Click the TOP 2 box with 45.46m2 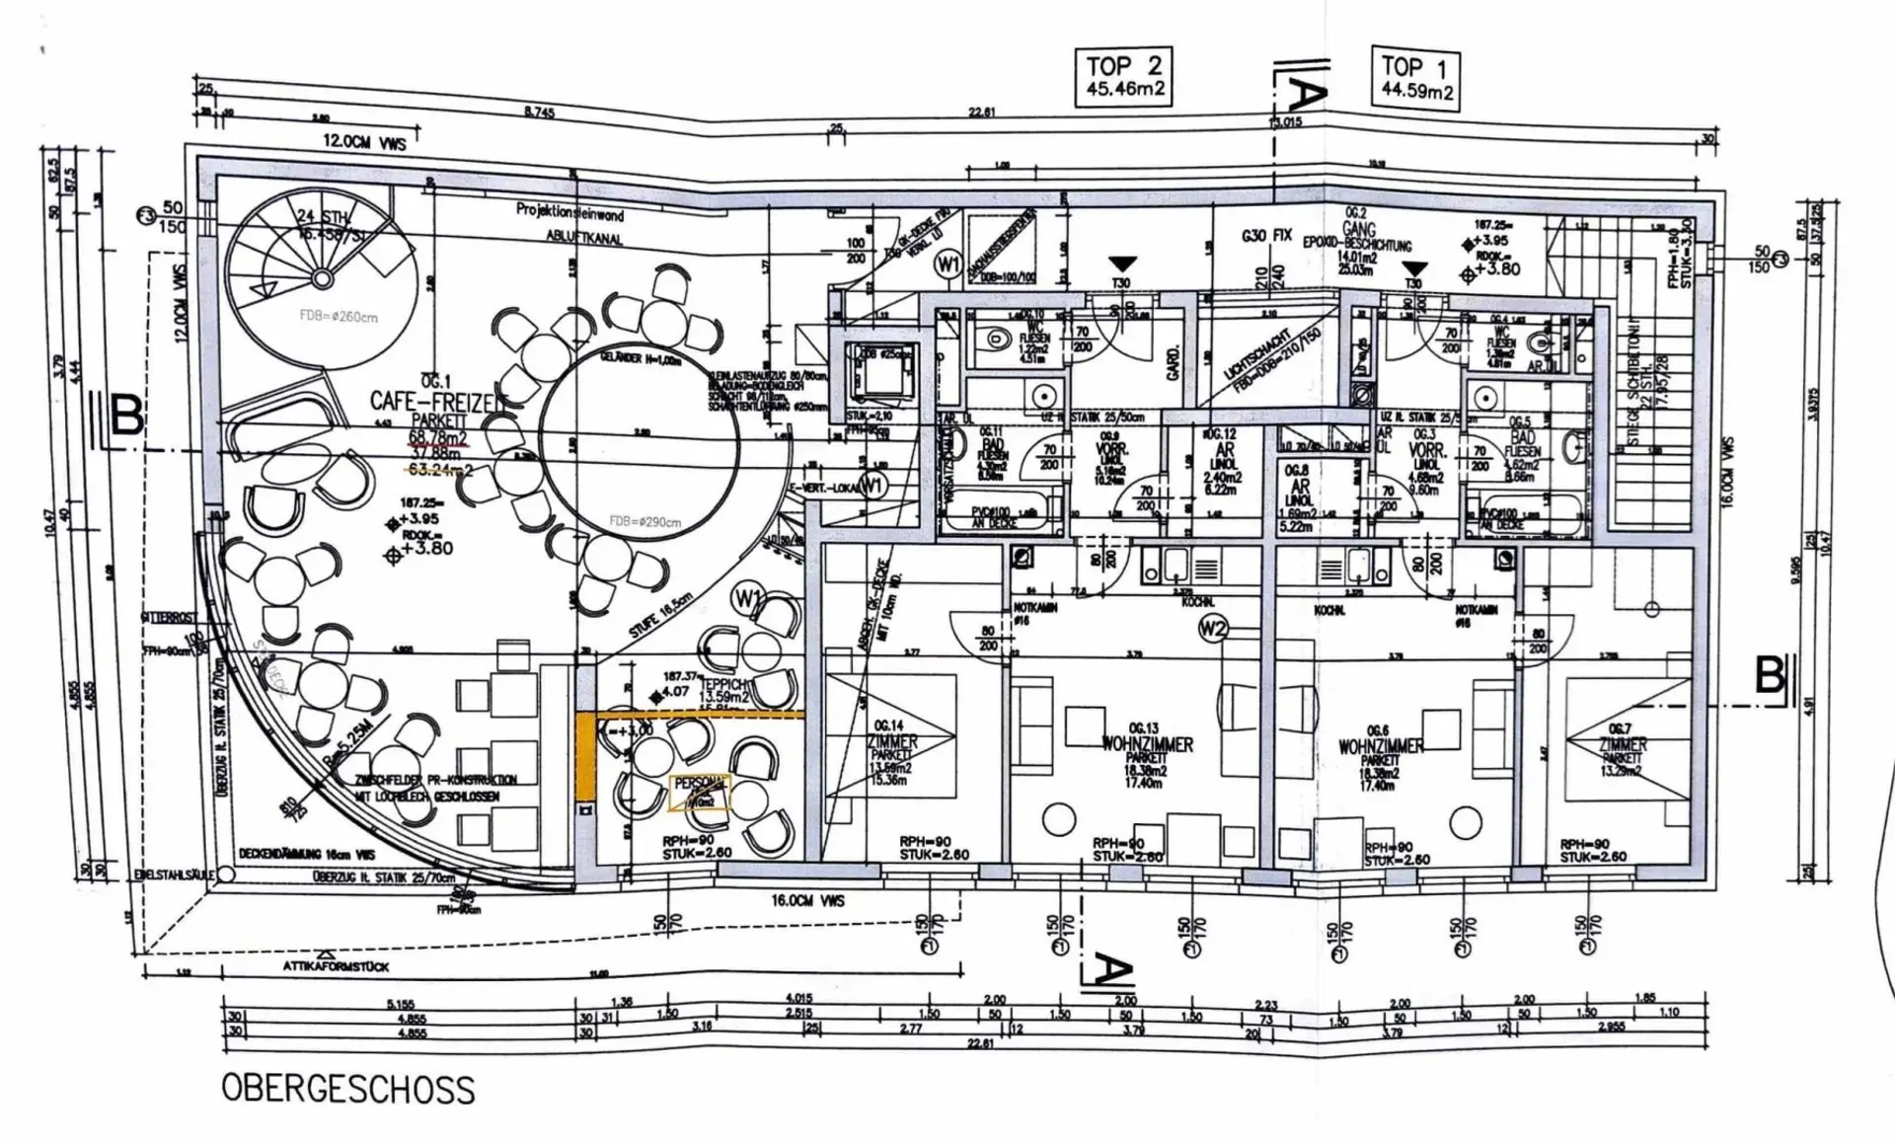pyautogui.click(x=1125, y=77)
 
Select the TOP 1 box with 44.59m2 pyautogui.click(x=1416, y=79)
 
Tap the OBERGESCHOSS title pyautogui.click(x=347, y=1089)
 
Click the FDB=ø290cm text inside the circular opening pyautogui.click(x=644, y=521)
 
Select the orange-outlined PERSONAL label pyautogui.click(x=700, y=791)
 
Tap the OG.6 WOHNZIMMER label pyautogui.click(x=1380, y=746)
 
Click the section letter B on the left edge pyautogui.click(x=126, y=417)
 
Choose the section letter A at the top pyautogui.click(x=1305, y=94)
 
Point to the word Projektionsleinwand pyautogui.click(x=569, y=211)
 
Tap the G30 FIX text pyautogui.click(x=1267, y=237)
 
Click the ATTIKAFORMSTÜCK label pyautogui.click(x=337, y=965)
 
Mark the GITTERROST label pyautogui.click(x=170, y=617)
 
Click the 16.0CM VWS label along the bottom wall pyautogui.click(x=807, y=901)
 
